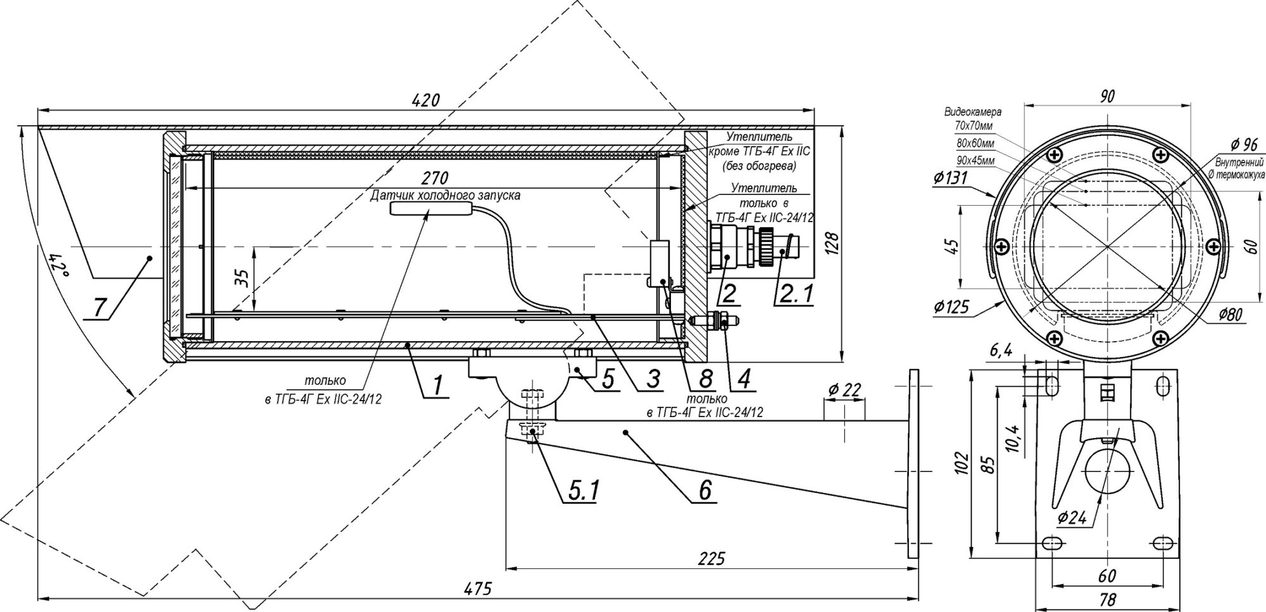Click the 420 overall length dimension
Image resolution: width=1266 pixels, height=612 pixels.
click(x=425, y=99)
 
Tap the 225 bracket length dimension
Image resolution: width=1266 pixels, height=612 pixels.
click(x=712, y=559)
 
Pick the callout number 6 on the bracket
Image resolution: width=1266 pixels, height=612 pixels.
click(x=704, y=490)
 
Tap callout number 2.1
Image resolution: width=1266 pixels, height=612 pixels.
click(x=792, y=294)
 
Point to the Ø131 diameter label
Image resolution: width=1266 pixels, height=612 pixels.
click(x=949, y=179)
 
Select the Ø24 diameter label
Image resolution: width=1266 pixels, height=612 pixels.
click(x=1072, y=518)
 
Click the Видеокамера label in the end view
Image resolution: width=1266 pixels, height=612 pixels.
click(x=973, y=112)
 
